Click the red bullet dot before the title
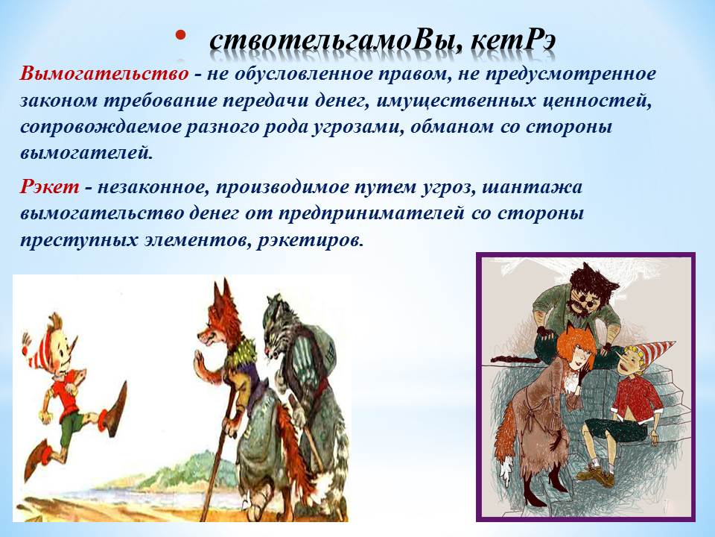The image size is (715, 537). coord(180,35)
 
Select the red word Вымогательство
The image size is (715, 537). coord(104,74)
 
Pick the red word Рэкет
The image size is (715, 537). coord(49,187)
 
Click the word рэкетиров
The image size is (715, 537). coord(310,240)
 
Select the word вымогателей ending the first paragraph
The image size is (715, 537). coord(85,152)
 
